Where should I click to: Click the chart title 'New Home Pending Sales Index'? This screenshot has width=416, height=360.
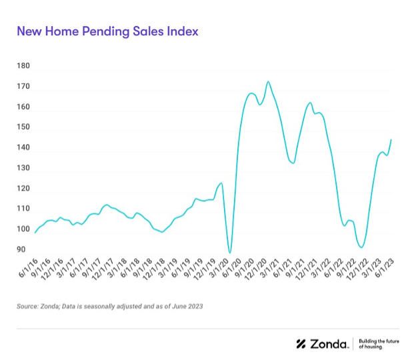107,31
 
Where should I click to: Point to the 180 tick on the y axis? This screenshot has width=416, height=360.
23,66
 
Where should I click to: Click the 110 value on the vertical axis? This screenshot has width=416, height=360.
23,209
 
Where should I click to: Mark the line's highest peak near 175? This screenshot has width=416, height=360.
268,82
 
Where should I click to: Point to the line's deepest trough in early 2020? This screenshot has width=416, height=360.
230,253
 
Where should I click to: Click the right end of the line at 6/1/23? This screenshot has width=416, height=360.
391,139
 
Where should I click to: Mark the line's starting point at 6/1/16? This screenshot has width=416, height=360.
35,233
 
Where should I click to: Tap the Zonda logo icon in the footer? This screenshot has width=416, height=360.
301,344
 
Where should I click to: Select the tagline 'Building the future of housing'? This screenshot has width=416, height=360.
379,344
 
